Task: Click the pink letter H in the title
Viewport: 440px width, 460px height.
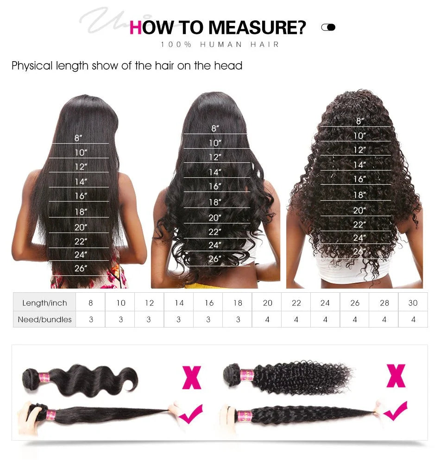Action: click(135, 27)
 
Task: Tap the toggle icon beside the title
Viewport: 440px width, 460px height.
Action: click(328, 27)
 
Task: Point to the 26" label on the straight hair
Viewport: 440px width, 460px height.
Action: click(81, 268)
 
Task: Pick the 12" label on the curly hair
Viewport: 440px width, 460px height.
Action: click(359, 150)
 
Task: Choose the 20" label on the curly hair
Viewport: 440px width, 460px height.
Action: click(359, 210)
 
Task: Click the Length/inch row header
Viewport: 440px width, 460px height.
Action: click(44, 303)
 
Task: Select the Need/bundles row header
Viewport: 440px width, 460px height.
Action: click(44, 319)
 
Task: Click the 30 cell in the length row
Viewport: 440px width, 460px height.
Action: click(413, 303)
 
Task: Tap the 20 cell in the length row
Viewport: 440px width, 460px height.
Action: click(267, 303)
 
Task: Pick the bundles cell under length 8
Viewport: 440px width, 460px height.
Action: click(91, 319)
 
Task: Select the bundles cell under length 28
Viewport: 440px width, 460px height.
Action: click(384, 319)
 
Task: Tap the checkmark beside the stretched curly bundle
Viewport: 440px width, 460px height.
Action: click(395, 411)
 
